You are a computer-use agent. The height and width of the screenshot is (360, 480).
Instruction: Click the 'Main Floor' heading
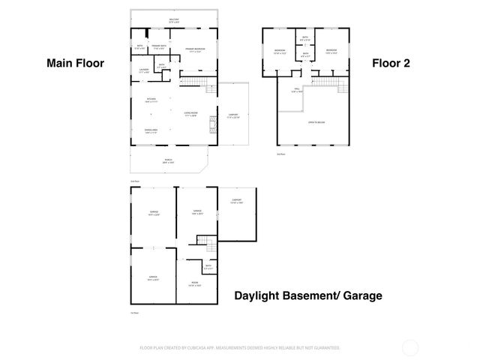75,64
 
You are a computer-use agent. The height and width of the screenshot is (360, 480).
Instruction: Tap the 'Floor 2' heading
391,64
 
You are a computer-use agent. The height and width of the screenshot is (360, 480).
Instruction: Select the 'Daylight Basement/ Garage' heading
307,295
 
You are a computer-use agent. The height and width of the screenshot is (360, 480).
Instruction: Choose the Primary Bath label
158,46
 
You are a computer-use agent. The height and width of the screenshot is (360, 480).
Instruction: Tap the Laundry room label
145,70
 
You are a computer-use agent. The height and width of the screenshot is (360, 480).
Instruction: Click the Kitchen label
151,100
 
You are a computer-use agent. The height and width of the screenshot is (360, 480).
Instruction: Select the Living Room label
190,114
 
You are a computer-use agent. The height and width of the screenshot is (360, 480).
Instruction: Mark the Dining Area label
150,130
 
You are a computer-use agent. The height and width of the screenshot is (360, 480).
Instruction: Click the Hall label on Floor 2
296,91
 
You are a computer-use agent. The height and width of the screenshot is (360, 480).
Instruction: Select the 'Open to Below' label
316,121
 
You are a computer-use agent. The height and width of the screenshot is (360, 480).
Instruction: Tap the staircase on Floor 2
328,82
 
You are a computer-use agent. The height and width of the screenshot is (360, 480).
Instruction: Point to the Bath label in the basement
208,267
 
